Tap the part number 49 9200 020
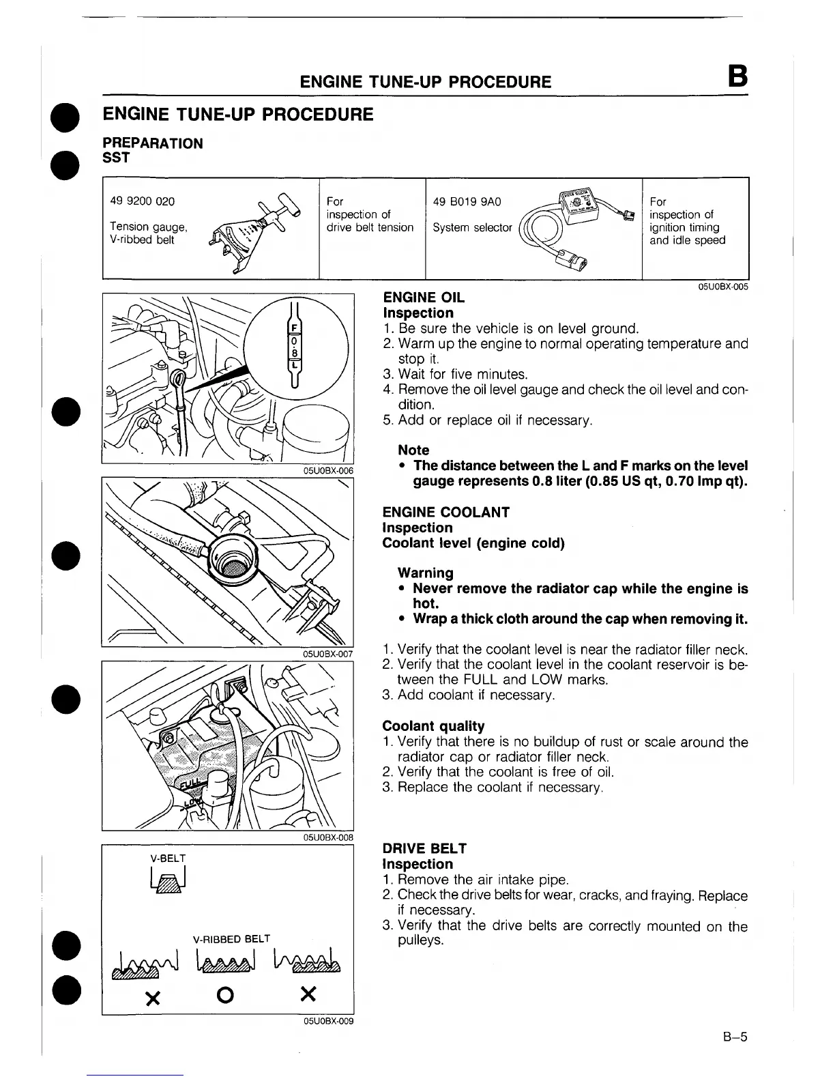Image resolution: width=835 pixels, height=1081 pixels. [x=142, y=201]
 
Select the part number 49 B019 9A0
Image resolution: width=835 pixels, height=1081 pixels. [x=467, y=201]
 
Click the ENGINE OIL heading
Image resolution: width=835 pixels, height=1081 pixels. [x=424, y=298]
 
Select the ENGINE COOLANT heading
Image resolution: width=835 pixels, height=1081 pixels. [x=446, y=512]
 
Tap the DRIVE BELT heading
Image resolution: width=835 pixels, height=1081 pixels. [x=424, y=848]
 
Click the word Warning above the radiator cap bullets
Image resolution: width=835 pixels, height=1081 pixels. [x=425, y=573]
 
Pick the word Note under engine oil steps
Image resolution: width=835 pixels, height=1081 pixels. [x=413, y=450]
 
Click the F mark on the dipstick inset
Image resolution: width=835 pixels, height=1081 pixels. [x=294, y=328]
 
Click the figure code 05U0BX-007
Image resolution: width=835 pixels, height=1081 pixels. [x=327, y=654]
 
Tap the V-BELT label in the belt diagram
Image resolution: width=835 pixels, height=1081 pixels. [x=168, y=858]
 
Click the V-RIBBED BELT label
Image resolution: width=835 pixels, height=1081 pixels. [x=232, y=938]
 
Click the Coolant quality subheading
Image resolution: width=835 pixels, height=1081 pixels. [x=433, y=726]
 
